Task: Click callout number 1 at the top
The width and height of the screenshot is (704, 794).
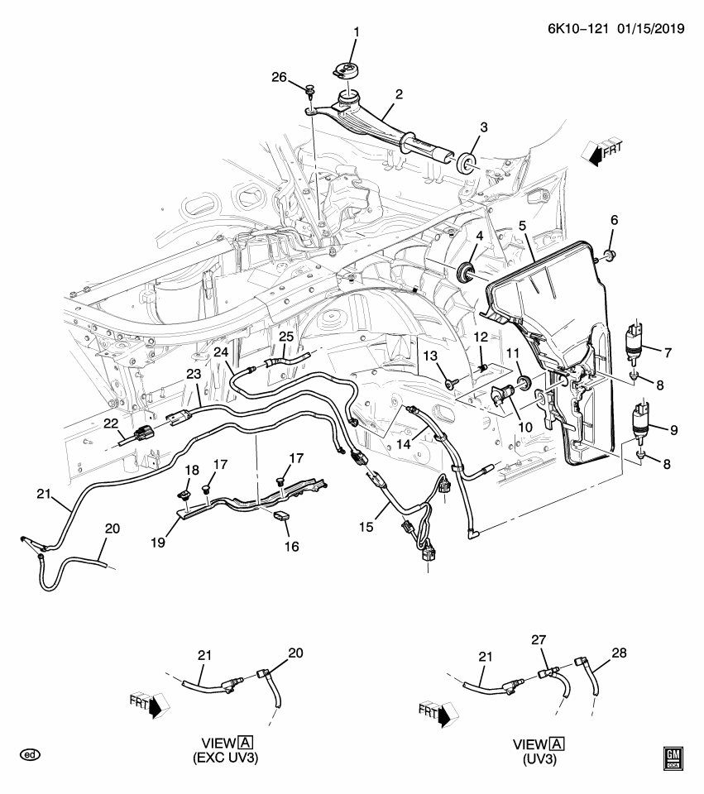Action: click(x=357, y=33)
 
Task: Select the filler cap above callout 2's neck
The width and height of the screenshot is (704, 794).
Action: click(x=346, y=72)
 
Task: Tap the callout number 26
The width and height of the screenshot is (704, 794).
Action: click(x=279, y=78)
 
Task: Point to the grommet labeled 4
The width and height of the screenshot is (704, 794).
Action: click(x=467, y=273)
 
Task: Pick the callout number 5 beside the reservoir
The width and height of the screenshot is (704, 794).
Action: click(x=522, y=225)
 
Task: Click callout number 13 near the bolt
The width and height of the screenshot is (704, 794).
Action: click(x=430, y=356)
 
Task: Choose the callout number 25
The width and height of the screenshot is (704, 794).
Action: click(x=285, y=337)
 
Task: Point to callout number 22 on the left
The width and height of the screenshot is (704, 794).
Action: click(x=110, y=423)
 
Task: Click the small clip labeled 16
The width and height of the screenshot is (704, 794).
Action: click(x=281, y=519)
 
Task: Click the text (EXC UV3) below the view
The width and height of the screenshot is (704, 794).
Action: click(x=225, y=758)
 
